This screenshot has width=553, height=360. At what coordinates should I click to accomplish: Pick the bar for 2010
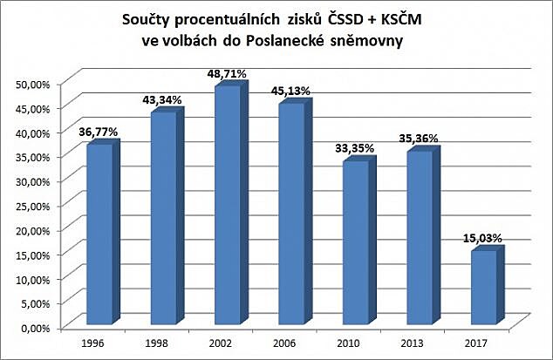pyautogui.click(x=355, y=243)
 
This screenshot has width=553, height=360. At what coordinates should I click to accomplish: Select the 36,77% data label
pyautogui.click(x=99, y=132)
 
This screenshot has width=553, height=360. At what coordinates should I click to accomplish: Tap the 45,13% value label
pyautogui.click(x=292, y=92)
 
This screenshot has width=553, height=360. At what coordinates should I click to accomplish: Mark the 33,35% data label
pyautogui.click(x=355, y=149)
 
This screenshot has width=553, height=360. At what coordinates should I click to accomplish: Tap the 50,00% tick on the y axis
pyautogui.click(x=34, y=84)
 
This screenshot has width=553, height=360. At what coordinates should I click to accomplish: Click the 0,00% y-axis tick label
pyautogui.click(x=37, y=328)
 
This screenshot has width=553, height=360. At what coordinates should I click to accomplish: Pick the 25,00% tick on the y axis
pyautogui.click(x=34, y=206)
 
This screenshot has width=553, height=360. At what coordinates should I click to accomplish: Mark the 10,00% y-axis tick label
pyautogui.click(x=34, y=279)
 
